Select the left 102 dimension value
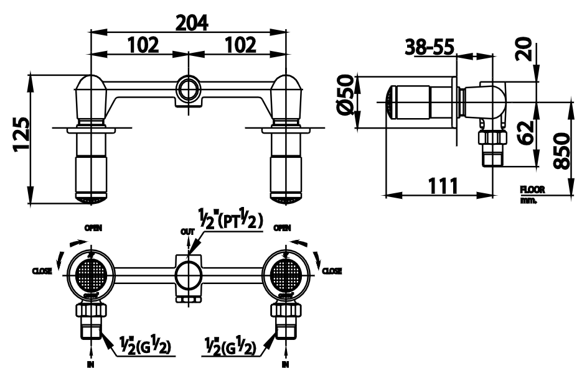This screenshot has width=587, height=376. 143,45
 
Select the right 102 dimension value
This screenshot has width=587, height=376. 239,45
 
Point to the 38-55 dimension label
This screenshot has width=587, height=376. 429,47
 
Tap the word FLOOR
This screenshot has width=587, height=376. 532,190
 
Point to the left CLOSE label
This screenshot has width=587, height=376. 42,271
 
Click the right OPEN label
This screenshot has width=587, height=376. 283,227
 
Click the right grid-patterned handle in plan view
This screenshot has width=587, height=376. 286,272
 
